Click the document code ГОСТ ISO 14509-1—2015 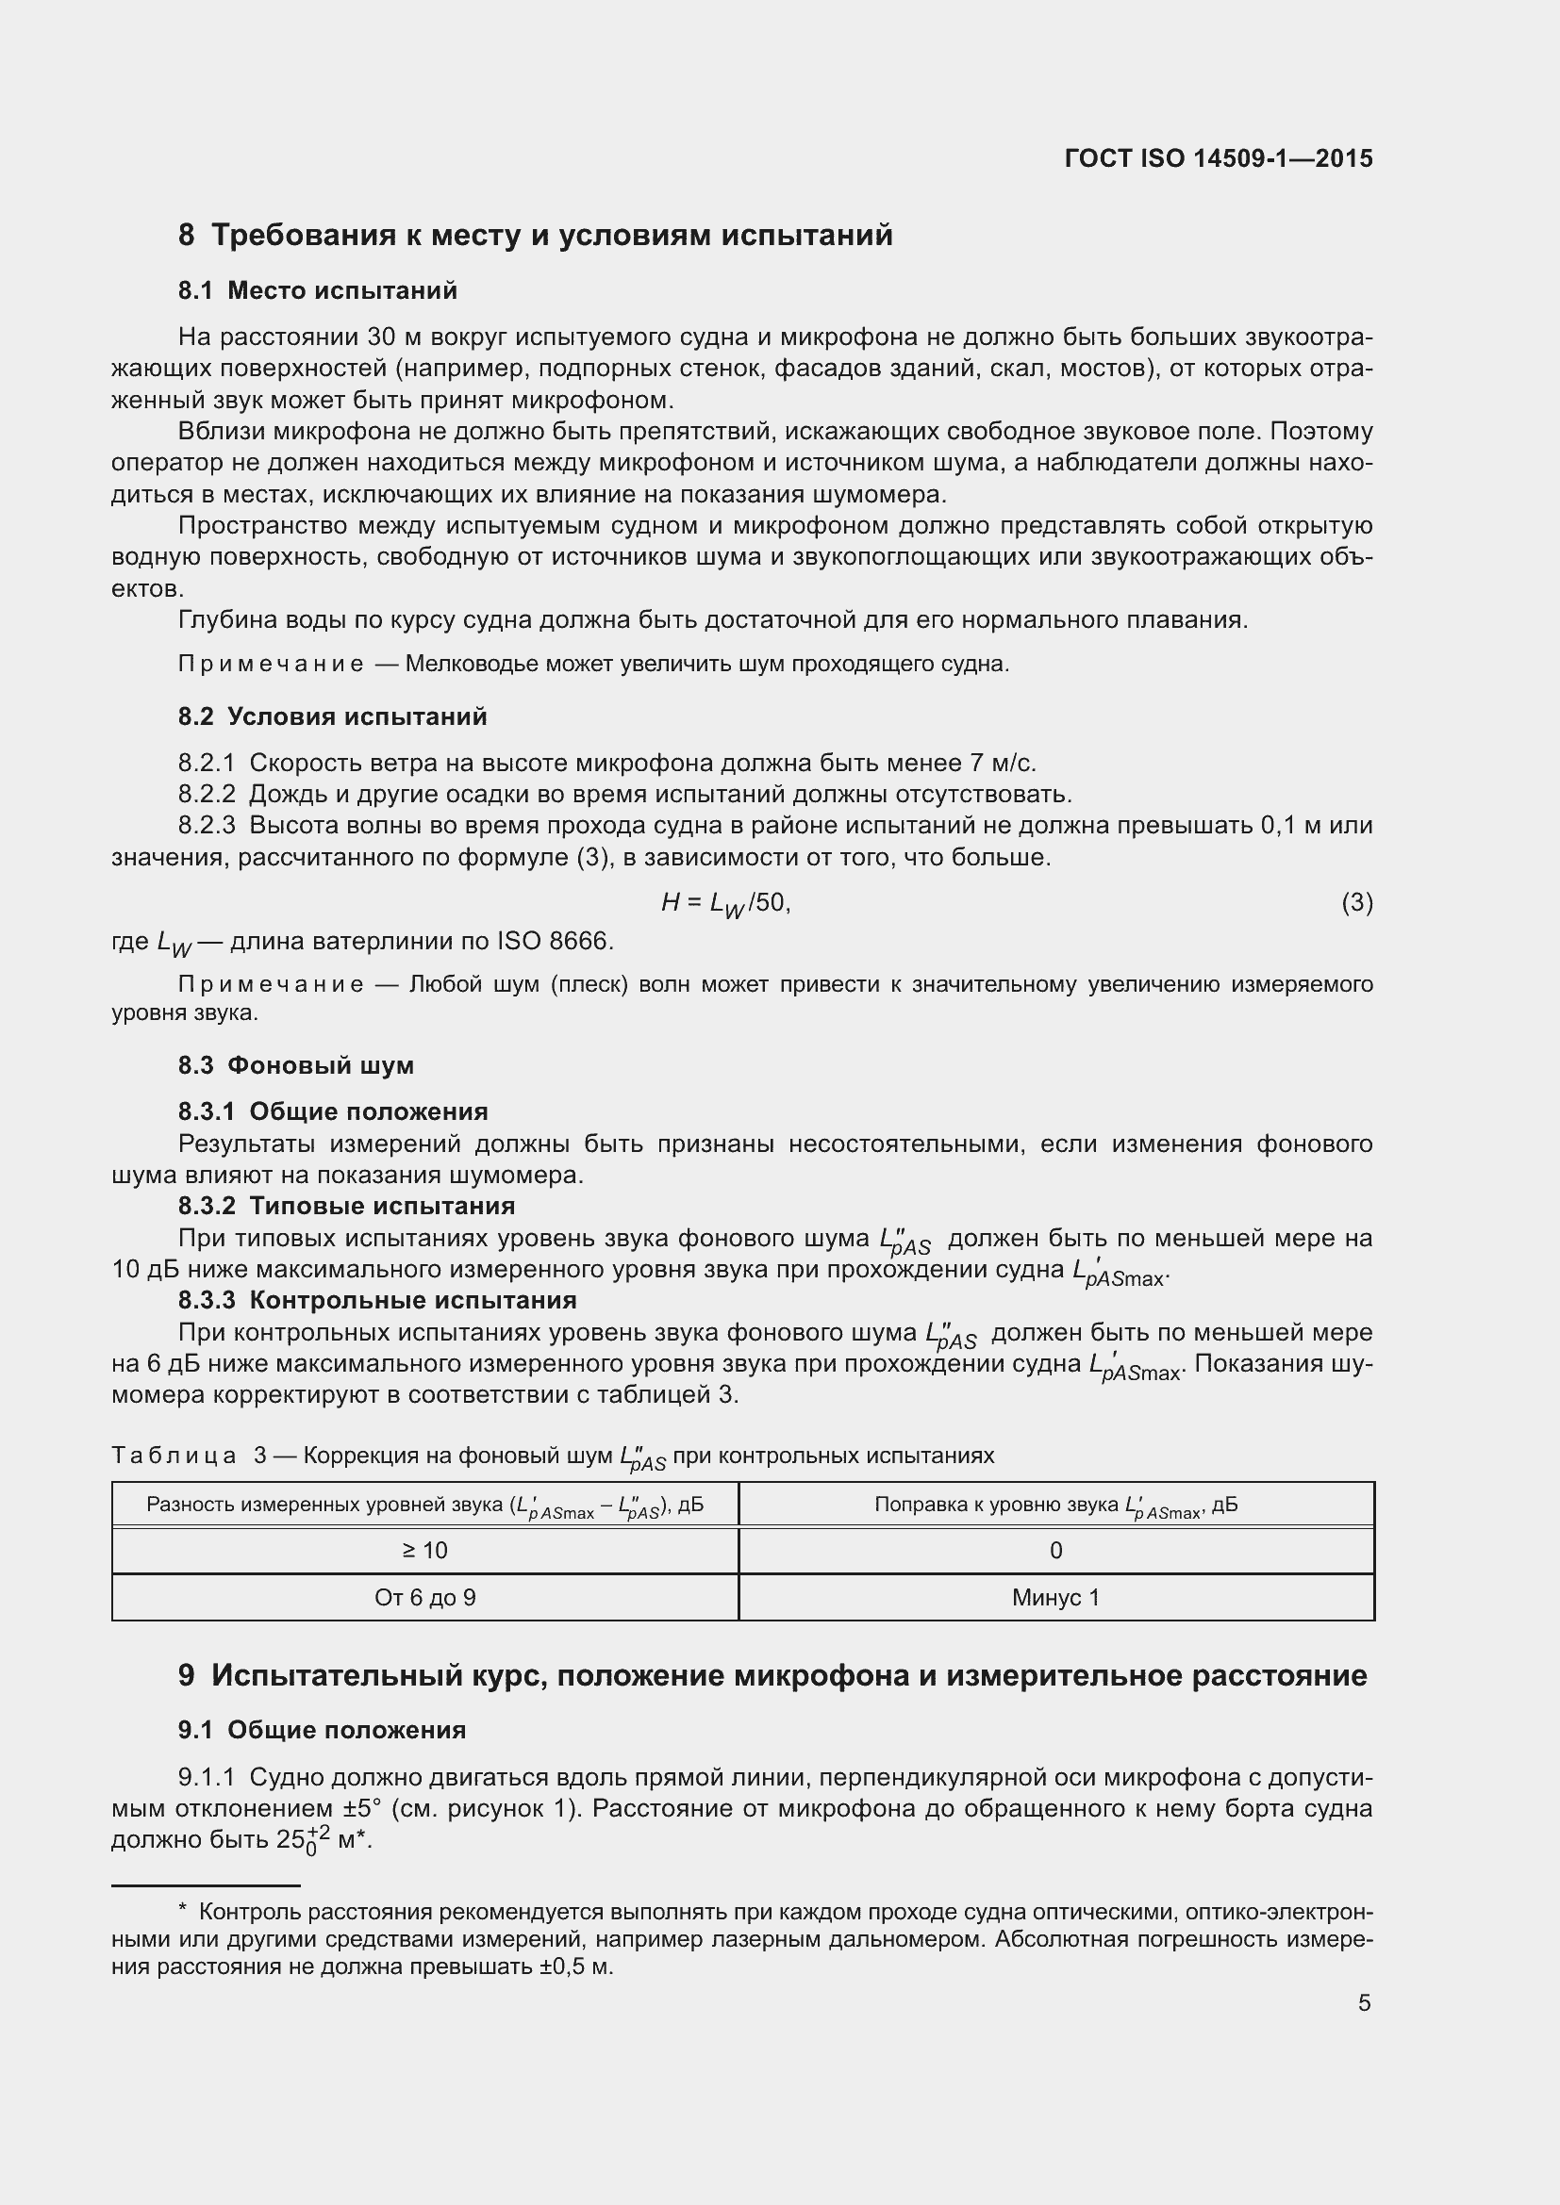(1218, 158)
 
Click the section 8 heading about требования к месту (535, 236)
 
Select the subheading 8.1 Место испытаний (317, 291)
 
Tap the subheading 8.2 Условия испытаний (332, 716)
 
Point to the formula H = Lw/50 (725, 903)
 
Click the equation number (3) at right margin (1356, 903)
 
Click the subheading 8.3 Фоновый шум (296, 1065)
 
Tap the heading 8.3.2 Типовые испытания (347, 1207)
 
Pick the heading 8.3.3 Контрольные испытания (377, 1300)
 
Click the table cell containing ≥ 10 (424, 1551)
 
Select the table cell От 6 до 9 (424, 1598)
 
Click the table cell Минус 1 (1055, 1598)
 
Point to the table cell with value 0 (1055, 1551)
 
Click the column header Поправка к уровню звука (1055, 1505)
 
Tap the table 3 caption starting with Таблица (553, 1456)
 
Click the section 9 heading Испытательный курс (772, 1676)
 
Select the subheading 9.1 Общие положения (322, 1731)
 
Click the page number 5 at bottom (1364, 2003)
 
